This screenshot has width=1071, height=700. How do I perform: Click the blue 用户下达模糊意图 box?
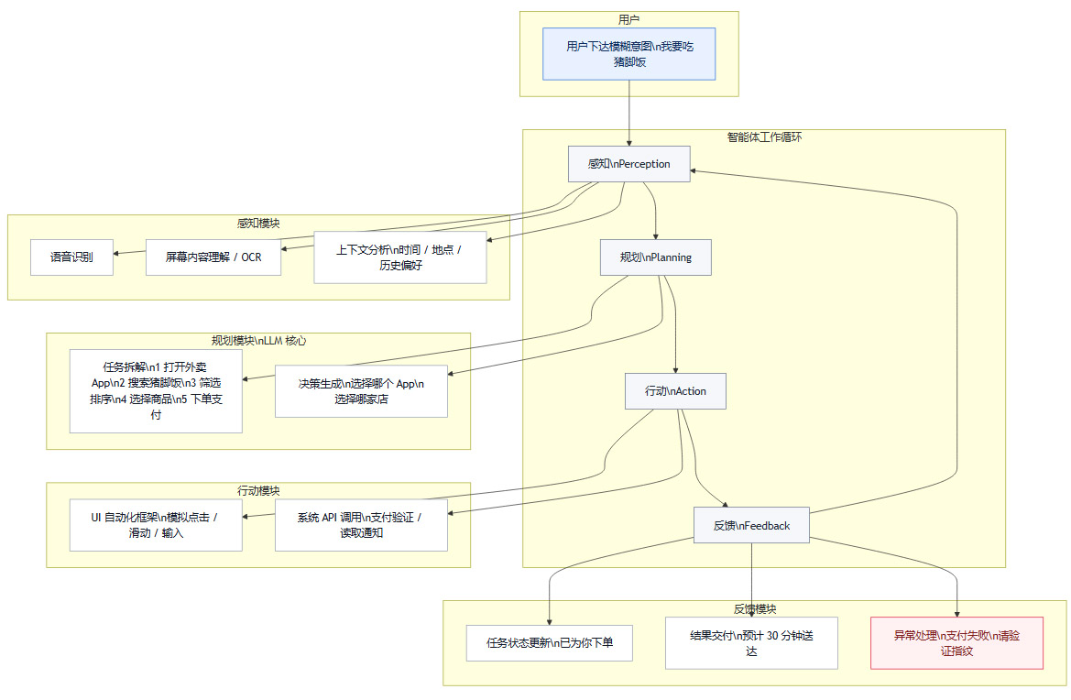[628, 54]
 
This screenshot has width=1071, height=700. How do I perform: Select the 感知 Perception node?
[628, 164]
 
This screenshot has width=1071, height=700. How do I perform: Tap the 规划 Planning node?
[656, 257]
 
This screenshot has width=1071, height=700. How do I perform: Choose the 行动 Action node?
[675, 391]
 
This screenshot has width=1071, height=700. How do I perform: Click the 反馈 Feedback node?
[751, 525]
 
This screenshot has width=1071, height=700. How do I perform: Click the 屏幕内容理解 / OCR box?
[213, 257]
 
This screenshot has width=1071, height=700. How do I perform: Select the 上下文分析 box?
[399, 257]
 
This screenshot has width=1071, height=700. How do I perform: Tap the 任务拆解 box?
[156, 391]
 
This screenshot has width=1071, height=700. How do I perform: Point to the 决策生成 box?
[361, 391]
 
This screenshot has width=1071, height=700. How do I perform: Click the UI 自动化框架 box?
[156, 525]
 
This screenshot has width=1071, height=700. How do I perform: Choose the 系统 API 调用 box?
[361, 525]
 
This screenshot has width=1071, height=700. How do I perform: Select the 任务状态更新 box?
[550, 643]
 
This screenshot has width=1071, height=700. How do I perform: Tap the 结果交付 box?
[751, 643]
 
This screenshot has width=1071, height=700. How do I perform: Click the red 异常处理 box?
[956, 643]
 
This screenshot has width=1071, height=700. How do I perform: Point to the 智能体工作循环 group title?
[764, 137]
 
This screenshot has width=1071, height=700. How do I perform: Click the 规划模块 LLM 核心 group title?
[258, 341]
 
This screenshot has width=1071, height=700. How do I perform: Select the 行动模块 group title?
[258, 491]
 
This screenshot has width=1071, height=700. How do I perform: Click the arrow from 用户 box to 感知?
[629, 114]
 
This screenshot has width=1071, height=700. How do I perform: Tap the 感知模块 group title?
[258, 224]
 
